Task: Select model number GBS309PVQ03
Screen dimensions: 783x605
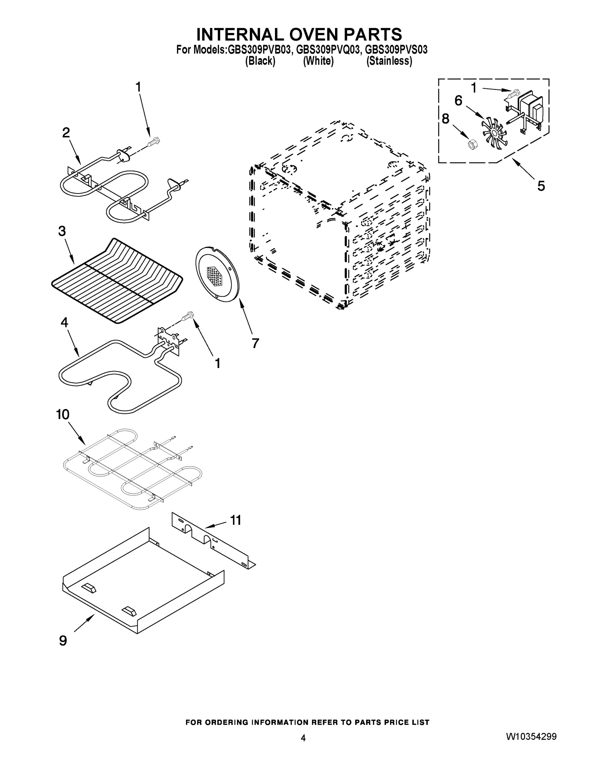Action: [327, 50]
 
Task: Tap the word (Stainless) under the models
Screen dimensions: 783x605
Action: [389, 61]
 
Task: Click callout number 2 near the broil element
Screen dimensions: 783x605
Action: [66, 133]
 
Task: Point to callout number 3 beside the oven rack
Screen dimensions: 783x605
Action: [62, 231]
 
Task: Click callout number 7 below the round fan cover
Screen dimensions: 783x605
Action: [255, 343]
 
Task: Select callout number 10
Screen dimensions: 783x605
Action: [63, 414]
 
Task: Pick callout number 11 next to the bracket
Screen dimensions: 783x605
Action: [235, 520]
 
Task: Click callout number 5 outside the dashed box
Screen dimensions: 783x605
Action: [541, 186]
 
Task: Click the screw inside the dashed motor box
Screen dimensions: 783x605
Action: [512, 93]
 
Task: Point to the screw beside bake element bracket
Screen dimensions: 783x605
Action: [188, 316]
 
